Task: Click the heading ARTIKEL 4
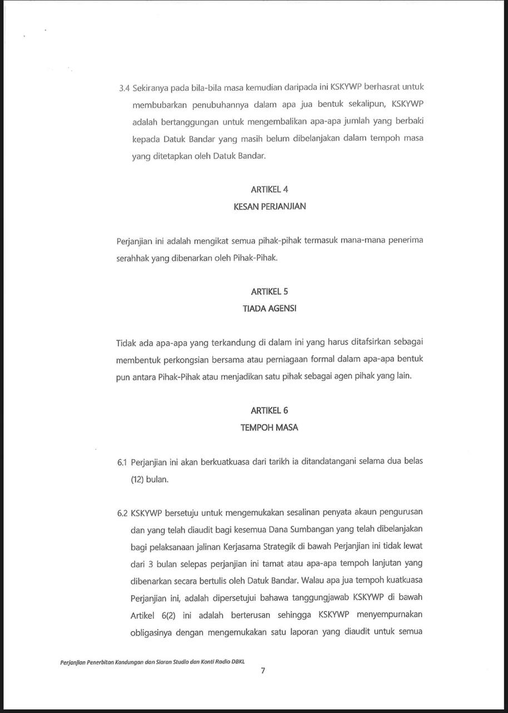269,189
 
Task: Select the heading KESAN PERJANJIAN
269,206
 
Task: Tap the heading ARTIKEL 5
269,291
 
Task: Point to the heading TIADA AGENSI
269,308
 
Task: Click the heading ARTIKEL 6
269,411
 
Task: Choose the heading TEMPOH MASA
269,427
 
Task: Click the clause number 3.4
124,88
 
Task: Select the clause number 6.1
122,462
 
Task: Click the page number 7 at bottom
263,671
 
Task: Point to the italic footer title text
152,662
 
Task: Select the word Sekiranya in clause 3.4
151,88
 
